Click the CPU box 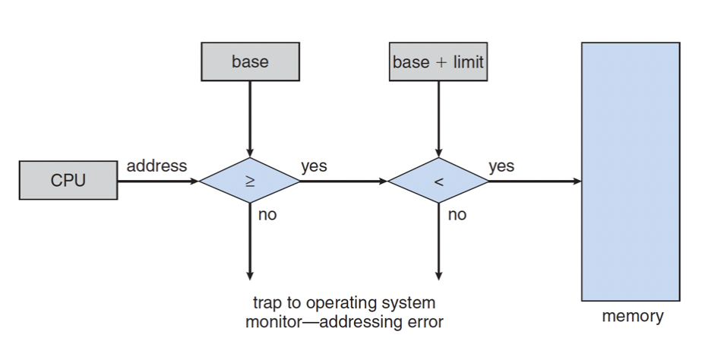pyautogui.click(x=68, y=182)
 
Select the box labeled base pyautogui.click(x=250, y=62)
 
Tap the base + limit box pyautogui.click(x=438, y=62)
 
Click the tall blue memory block pyautogui.click(x=630, y=171)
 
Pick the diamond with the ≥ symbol pyautogui.click(x=250, y=182)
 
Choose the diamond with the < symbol pyautogui.click(x=438, y=182)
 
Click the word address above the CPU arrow pyautogui.click(x=156, y=165)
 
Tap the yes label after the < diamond pyautogui.click(x=501, y=166)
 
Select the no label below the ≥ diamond pyautogui.click(x=267, y=215)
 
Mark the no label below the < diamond pyautogui.click(x=457, y=215)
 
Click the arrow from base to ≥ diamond pyautogui.click(x=250, y=118)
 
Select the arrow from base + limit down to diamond pyautogui.click(x=438, y=118)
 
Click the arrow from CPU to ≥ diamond pyautogui.click(x=158, y=182)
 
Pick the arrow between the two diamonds pyautogui.click(x=344, y=182)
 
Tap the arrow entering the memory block pyautogui.click(x=535, y=182)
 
